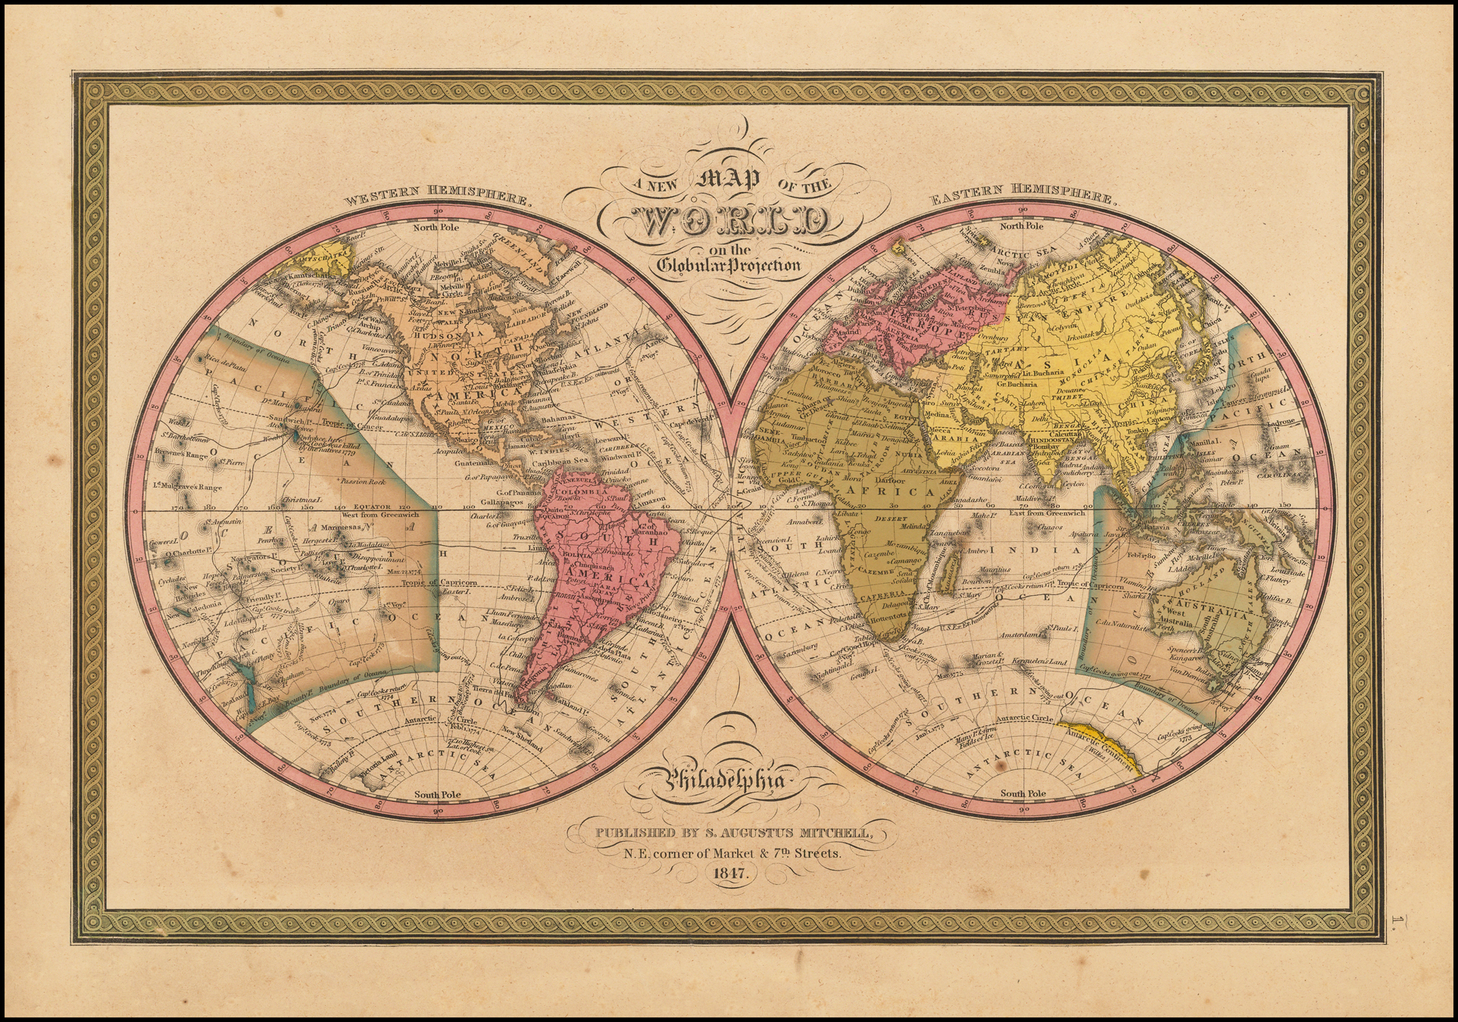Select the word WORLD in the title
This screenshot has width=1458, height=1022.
(729, 223)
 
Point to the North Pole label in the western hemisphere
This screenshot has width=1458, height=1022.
(437, 226)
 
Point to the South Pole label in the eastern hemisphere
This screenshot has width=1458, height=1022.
(1022, 794)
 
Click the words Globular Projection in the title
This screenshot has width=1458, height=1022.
(729, 266)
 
